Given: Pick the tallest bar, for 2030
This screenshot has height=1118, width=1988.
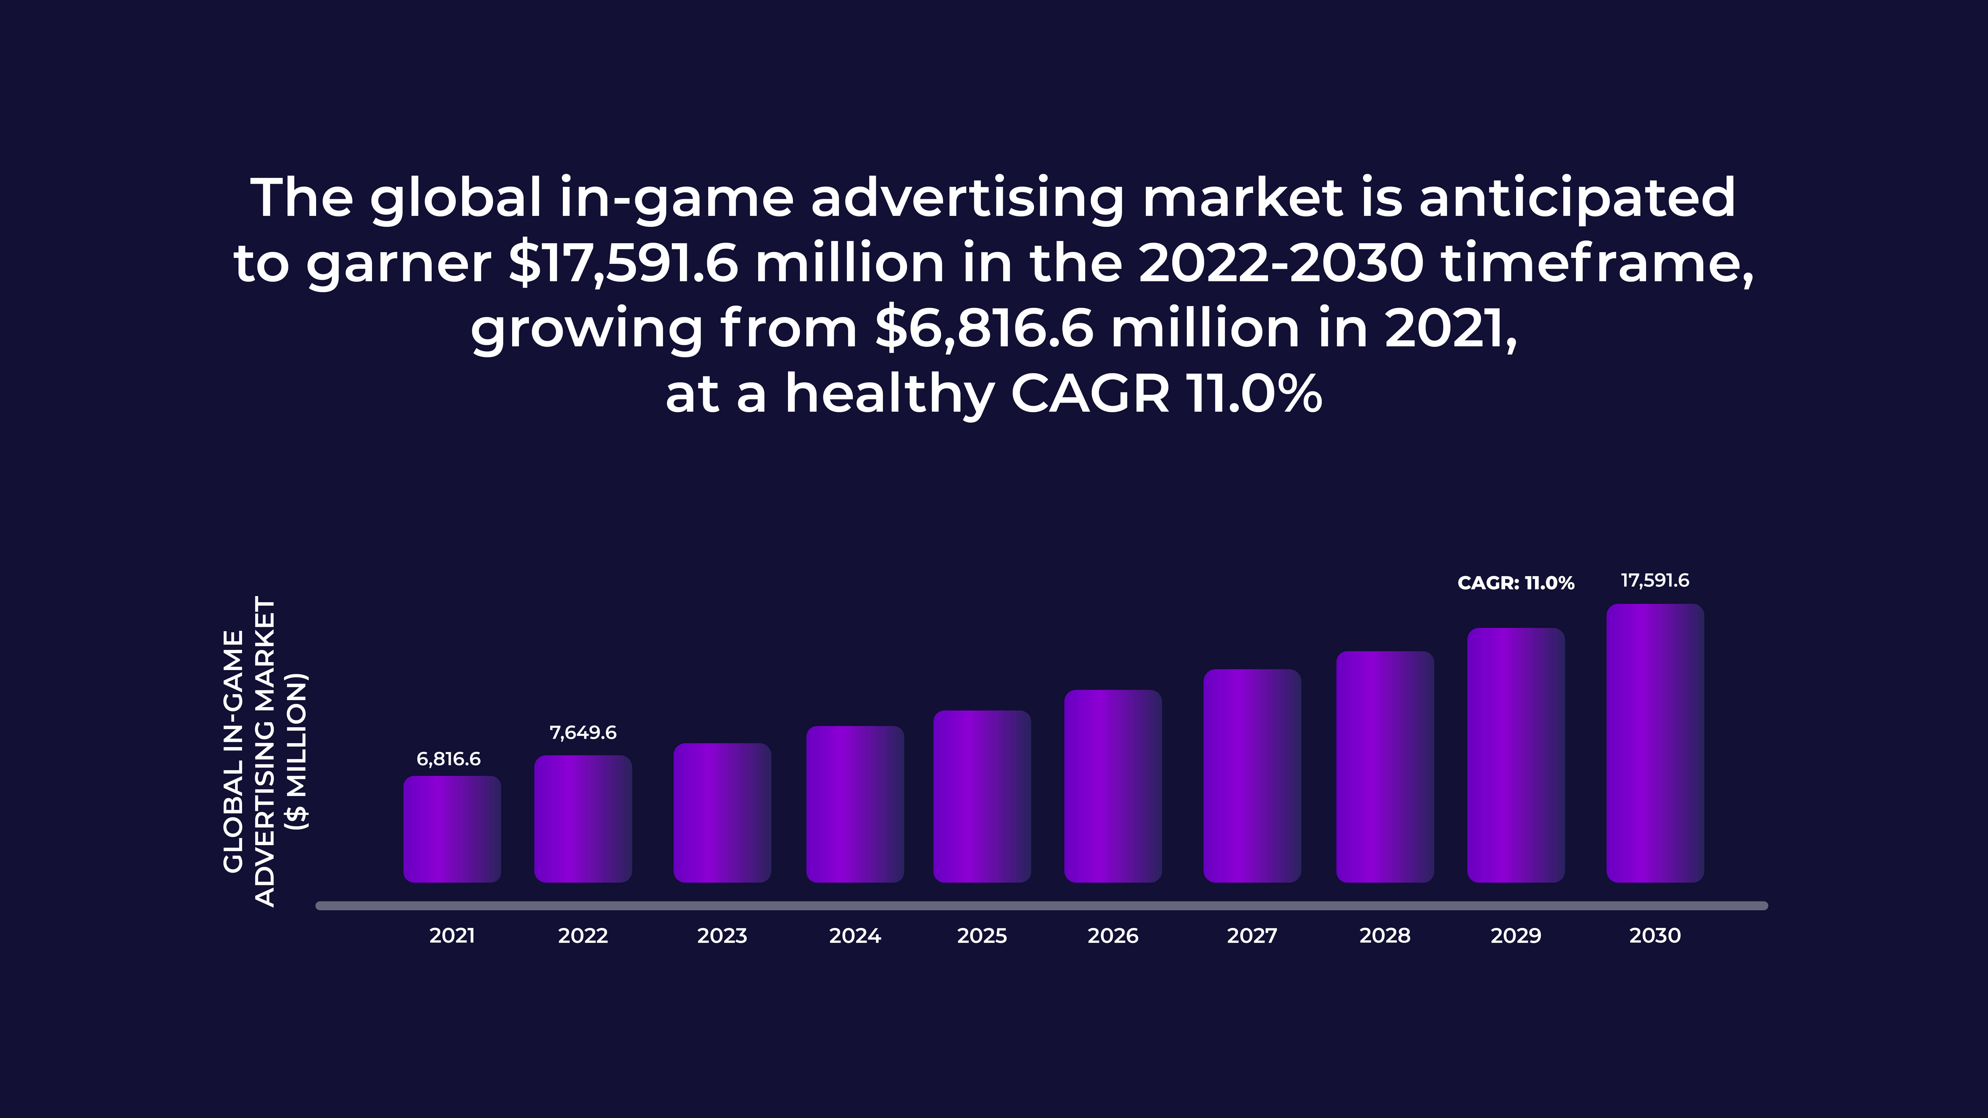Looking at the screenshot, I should click(x=1655, y=743).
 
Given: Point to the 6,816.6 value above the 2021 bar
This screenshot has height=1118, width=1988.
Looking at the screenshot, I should click(x=448, y=759).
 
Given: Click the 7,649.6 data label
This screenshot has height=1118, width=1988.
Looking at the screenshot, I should click(x=583, y=732).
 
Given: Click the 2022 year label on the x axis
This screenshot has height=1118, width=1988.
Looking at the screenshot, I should click(x=583, y=936).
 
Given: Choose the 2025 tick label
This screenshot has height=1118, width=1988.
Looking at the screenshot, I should click(x=982, y=936).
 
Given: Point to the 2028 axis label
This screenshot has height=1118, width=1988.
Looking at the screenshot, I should click(x=1384, y=936).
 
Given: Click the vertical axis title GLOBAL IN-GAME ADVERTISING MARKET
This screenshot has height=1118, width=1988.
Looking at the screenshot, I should click(x=264, y=752).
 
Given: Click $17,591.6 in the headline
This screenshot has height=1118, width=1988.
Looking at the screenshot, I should click(x=623, y=263).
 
